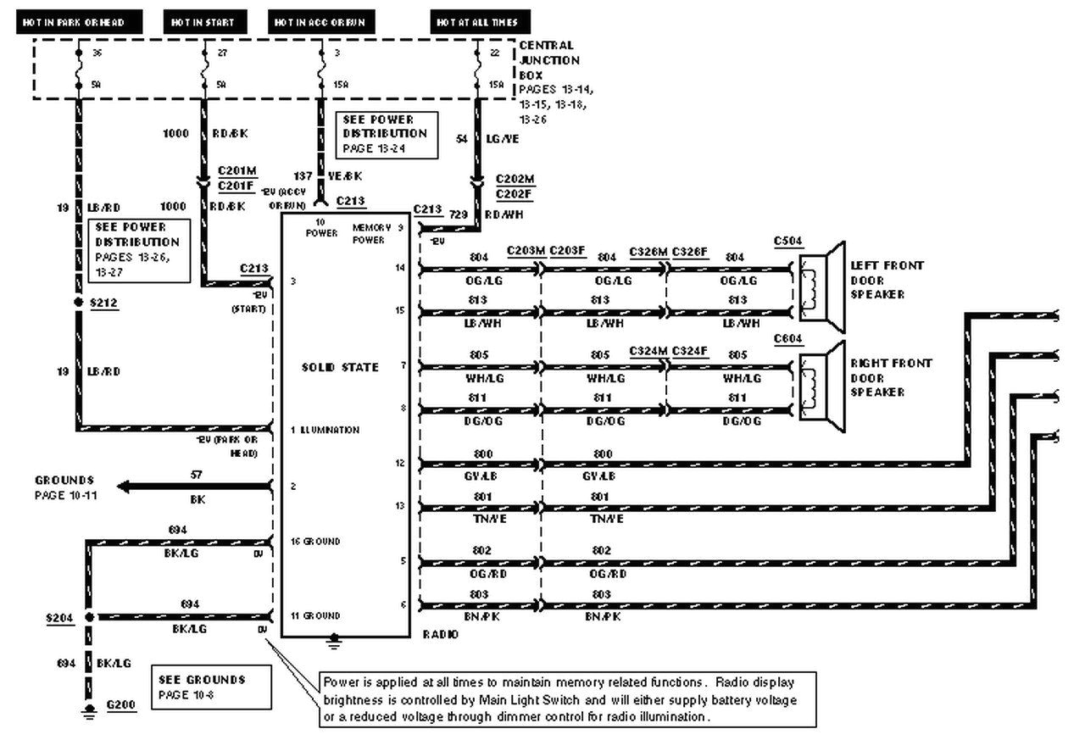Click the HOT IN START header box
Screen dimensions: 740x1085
[x=203, y=22]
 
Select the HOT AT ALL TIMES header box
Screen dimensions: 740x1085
[x=477, y=22]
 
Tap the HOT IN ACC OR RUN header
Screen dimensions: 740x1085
[x=320, y=22]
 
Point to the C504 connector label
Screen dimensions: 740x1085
[x=787, y=241]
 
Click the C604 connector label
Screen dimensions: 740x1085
[x=787, y=339]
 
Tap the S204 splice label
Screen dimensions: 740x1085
[x=58, y=619]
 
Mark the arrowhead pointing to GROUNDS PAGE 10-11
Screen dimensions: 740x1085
[x=124, y=487]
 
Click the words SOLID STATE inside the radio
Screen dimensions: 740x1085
[x=340, y=367]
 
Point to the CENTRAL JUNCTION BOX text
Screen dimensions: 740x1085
[x=550, y=60]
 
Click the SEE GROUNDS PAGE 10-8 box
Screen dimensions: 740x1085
[x=214, y=687]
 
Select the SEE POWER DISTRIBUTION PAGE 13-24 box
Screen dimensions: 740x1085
[x=387, y=134]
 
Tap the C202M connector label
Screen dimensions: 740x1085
[x=515, y=180]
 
